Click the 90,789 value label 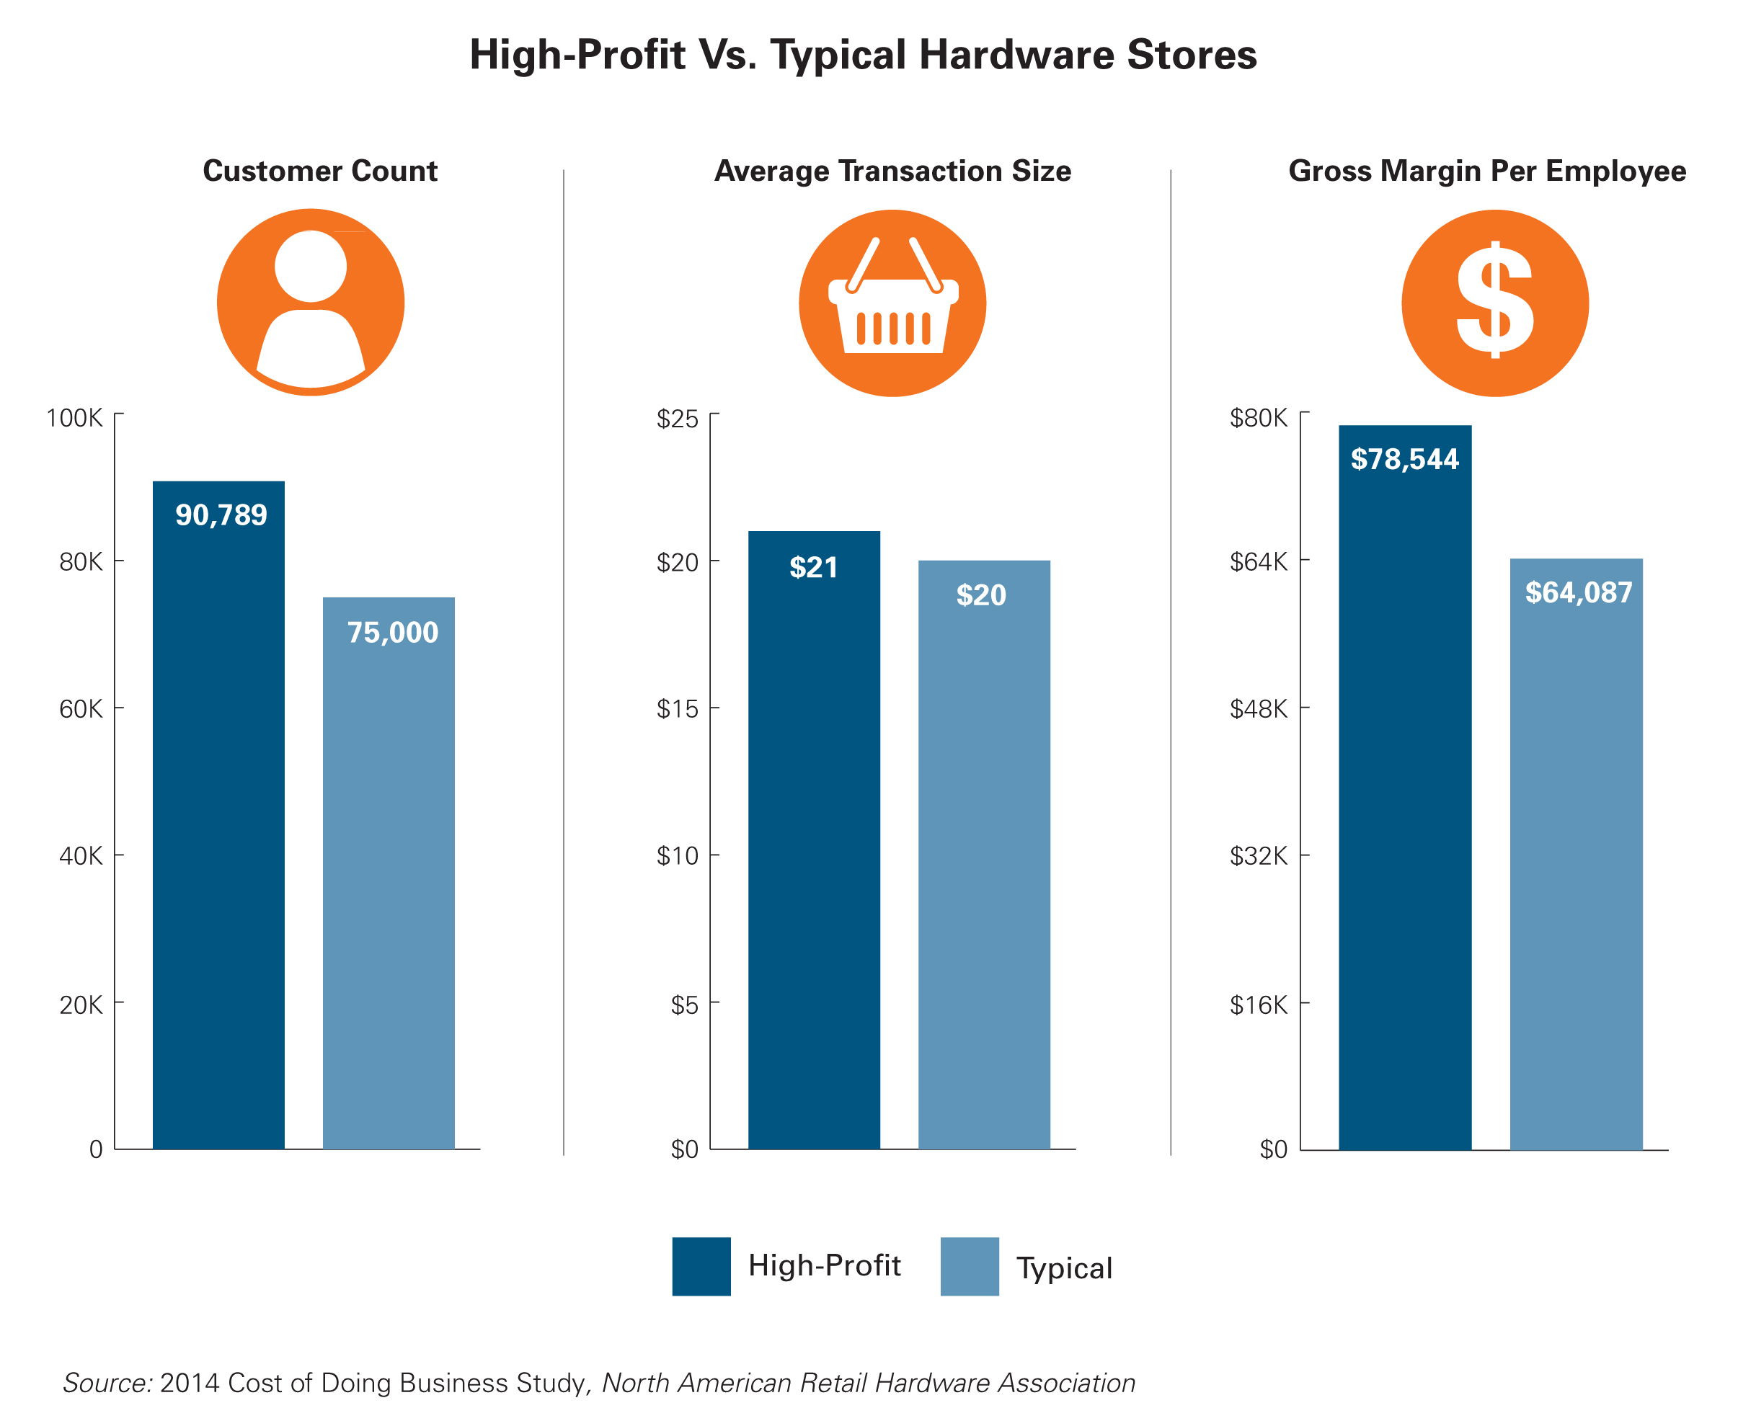tap(221, 515)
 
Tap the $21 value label tap(813, 567)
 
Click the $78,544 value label tap(1404, 459)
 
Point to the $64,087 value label tap(1577, 592)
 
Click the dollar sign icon tap(1494, 303)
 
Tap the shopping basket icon tap(892, 303)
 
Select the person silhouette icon tap(310, 303)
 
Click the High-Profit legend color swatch tap(701, 1266)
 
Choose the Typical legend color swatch tap(970, 1266)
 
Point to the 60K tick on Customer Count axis tap(80, 709)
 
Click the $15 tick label tap(677, 709)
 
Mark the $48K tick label tap(1259, 709)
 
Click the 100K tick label tap(74, 418)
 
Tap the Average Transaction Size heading tap(892, 171)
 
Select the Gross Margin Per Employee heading tap(1486, 171)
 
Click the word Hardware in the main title tap(1015, 55)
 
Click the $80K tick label tap(1259, 418)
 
